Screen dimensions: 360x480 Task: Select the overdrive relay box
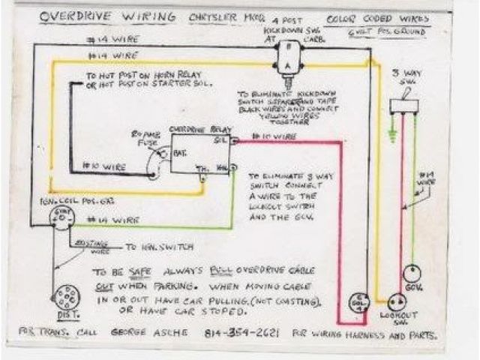[x=199, y=153]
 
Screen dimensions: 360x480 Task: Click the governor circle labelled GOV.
[x=412, y=273]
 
